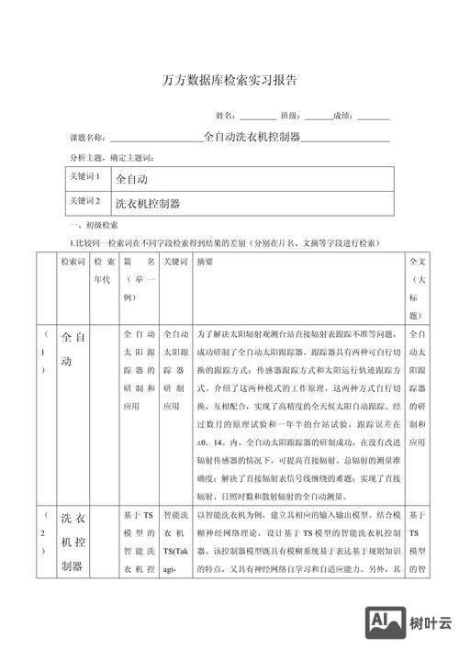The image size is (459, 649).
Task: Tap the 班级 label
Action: click(290, 117)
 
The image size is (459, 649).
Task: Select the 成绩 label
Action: click(343, 117)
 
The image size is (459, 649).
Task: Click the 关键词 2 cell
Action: click(84, 200)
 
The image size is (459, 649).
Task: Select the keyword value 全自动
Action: click(132, 178)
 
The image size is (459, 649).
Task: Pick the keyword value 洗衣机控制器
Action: click(148, 201)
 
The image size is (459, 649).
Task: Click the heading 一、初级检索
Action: click(92, 226)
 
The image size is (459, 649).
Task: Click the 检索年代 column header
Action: click(101, 271)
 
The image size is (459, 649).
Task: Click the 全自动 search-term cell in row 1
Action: click(73, 351)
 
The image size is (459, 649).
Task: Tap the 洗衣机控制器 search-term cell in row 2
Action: click(73, 541)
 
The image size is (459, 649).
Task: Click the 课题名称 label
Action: click(88, 138)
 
